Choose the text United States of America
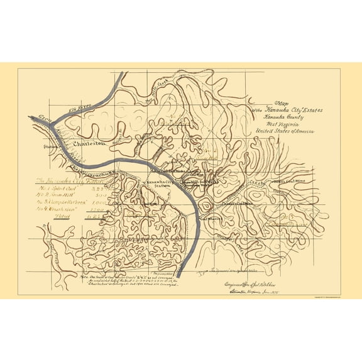[283, 132]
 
